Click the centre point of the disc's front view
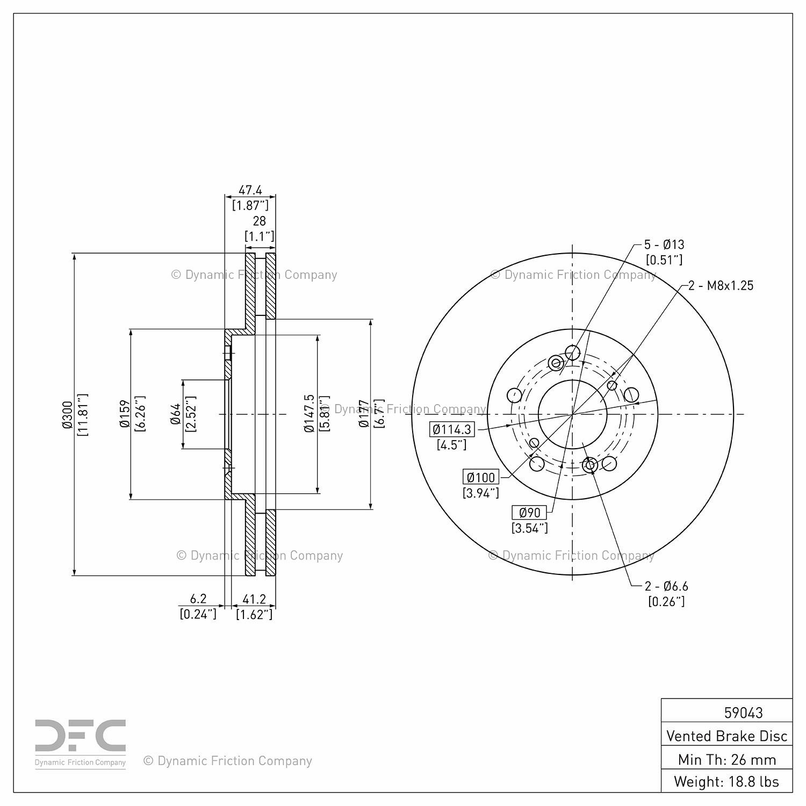(573, 414)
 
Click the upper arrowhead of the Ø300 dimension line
(74, 257)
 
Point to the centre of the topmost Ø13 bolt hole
(573, 352)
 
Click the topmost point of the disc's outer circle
(573, 253)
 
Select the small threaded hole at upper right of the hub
(611, 385)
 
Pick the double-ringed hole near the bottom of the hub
(589, 465)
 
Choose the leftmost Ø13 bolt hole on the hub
(514, 395)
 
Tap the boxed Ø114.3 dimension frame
(452, 429)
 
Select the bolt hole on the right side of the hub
(631, 395)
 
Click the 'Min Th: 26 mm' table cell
(726, 759)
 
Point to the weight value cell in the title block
(726, 781)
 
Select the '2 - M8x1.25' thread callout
(721, 285)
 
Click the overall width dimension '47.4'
(250, 190)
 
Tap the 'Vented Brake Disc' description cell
(726, 736)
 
